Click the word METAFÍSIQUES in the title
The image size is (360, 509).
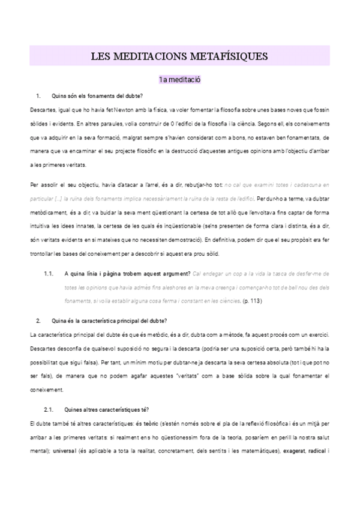point(228,57)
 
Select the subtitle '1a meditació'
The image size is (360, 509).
point(179,79)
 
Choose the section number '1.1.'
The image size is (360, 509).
point(49,274)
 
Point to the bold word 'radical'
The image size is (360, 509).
point(316,450)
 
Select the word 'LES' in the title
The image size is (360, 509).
point(100,57)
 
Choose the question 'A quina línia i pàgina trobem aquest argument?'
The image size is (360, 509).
point(127,274)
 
